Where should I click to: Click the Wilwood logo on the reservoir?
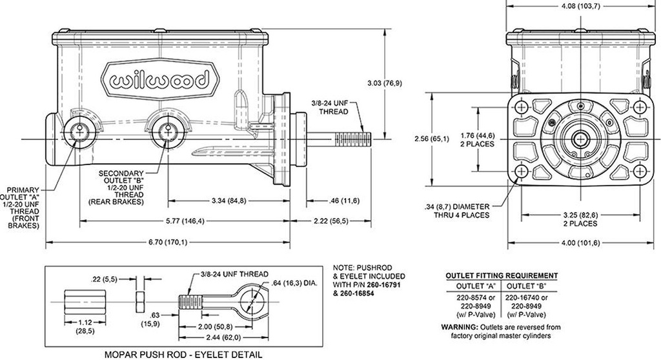point(160,80)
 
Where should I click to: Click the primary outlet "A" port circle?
point(79,132)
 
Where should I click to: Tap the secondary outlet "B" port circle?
point(168,132)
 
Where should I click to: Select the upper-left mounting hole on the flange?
point(522,106)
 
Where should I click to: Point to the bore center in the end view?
point(580,139)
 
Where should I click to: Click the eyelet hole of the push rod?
point(252,302)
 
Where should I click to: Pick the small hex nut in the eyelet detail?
point(140,302)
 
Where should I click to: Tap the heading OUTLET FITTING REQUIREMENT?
point(502,275)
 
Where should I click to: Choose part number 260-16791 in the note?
point(383,285)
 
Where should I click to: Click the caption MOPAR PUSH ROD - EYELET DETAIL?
point(183,355)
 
